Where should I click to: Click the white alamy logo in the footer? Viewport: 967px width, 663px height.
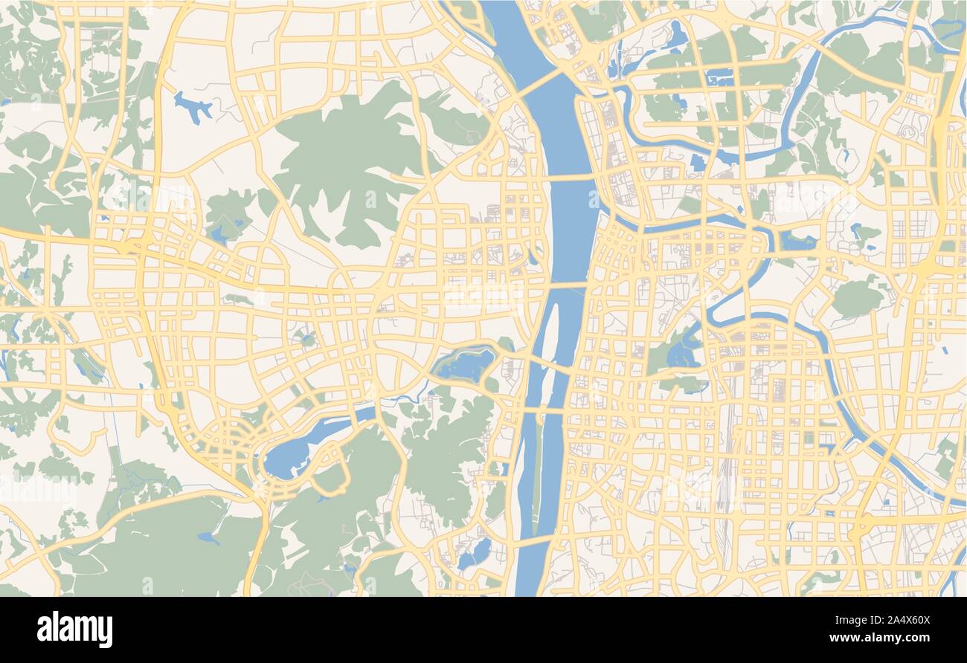(75, 630)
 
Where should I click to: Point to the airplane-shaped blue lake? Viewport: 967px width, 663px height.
(194, 107)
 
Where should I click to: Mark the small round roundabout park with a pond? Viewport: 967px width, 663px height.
(306, 340)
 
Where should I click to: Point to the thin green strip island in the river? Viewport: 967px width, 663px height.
(537, 483)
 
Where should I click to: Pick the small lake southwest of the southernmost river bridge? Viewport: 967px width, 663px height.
(477, 552)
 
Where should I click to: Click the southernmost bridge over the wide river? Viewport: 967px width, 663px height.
(538, 540)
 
